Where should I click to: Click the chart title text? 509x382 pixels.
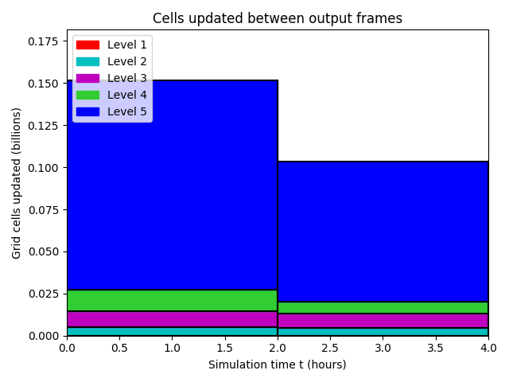pyautogui.click(x=278, y=18)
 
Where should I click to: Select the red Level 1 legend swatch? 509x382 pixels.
pyautogui.click(x=87, y=45)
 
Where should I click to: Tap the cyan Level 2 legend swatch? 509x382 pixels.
pyautogui.click(x=87, y=62)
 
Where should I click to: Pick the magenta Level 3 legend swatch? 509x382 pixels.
pyautogui.click(x=87, y=78)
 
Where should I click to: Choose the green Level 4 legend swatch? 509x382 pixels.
pyautogui.click(x=87, y=95)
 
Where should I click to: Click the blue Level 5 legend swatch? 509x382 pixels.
pyautogui.click(x=87, y=111)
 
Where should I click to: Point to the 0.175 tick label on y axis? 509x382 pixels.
pyautogui.click(x=43, y=41)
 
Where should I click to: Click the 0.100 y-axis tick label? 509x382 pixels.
pyautogui.click(x=43, y=168)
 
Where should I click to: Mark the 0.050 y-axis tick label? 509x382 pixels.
pyautogui.click(x=43, y=251)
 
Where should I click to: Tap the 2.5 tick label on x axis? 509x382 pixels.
pyautogui.click(x=330, y=349)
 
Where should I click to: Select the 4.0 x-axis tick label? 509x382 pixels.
pyautogui.click(x=488, y=349)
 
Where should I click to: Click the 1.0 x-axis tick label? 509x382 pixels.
pyautogui.click(x=172, y=349)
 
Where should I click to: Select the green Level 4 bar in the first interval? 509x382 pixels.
pyautogui.click(x=173, y=301)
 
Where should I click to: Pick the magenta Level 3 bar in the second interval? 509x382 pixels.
pyautogui.click(x=383, y=321)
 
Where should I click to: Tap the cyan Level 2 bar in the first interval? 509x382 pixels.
pyautogui.click(x=173, y=331)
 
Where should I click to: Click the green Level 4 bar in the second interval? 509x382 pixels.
pyautogui.click(x=383, y=308)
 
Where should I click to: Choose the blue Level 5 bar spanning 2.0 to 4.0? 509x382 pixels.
pyautogui.click(x=383, y=232)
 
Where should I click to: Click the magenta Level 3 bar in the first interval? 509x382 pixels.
pyautogui.click(x=173, y=319)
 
